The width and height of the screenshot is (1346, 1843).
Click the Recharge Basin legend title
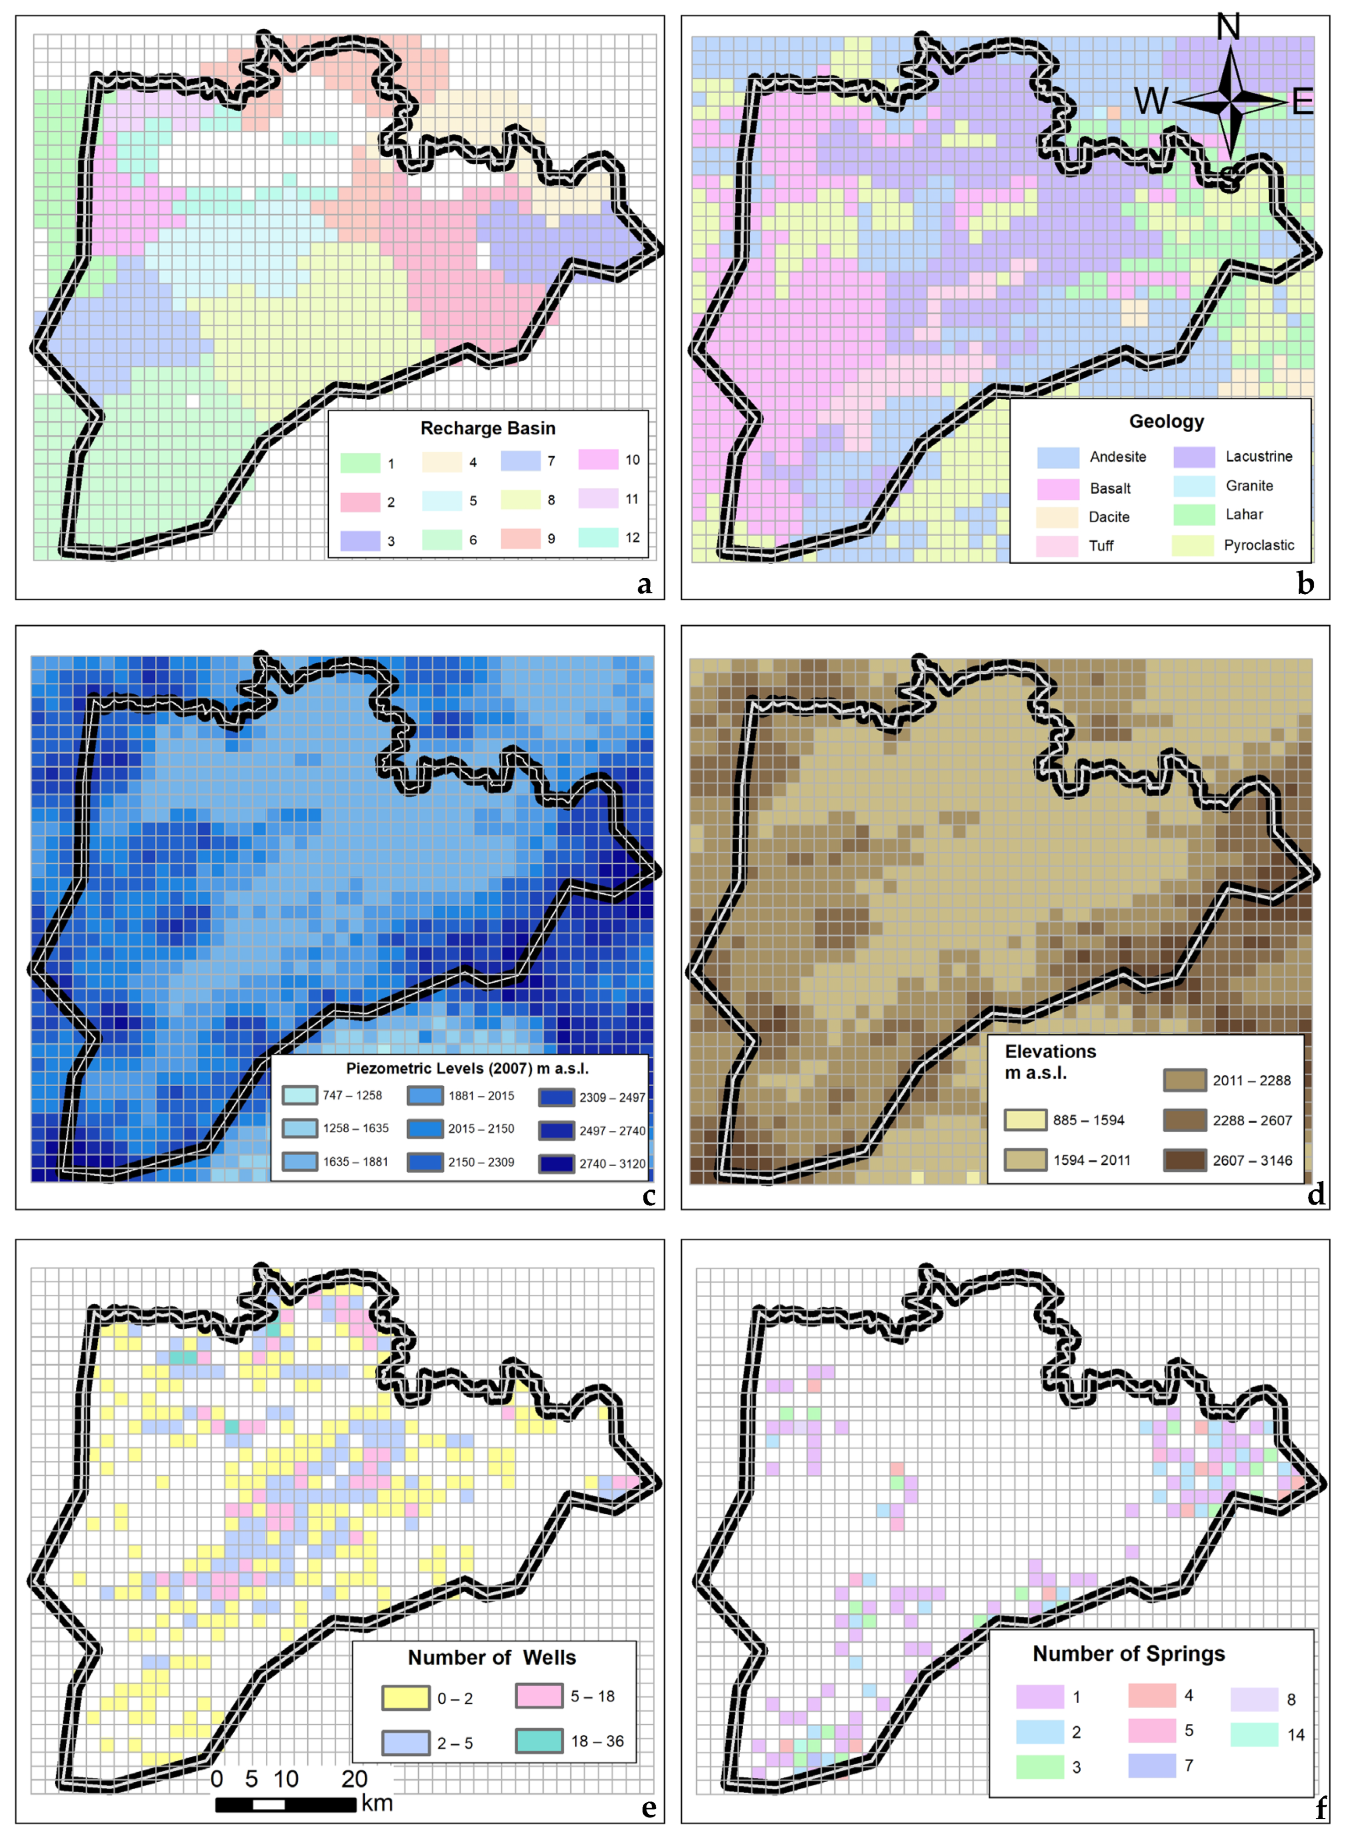coord(487,428)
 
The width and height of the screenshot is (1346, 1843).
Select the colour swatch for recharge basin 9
coord(520,538)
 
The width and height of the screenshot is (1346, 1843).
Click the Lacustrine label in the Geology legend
coord(1258,456)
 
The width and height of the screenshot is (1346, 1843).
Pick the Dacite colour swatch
coord(1057,517)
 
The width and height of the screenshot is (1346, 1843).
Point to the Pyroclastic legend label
coord(1258,545)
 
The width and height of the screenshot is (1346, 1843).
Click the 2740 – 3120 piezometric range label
coord(612,1163)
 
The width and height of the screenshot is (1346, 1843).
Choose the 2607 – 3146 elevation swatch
coord(1184,1160)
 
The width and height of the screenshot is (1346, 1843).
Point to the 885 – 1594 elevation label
coord(1088,1120)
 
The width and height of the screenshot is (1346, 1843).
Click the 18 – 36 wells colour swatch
coord(539,1740)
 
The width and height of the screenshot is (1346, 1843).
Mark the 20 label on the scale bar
coord(354,1779)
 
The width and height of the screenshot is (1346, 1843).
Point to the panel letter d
coord(1315,1194)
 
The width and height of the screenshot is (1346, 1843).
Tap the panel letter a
coord(645,585)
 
